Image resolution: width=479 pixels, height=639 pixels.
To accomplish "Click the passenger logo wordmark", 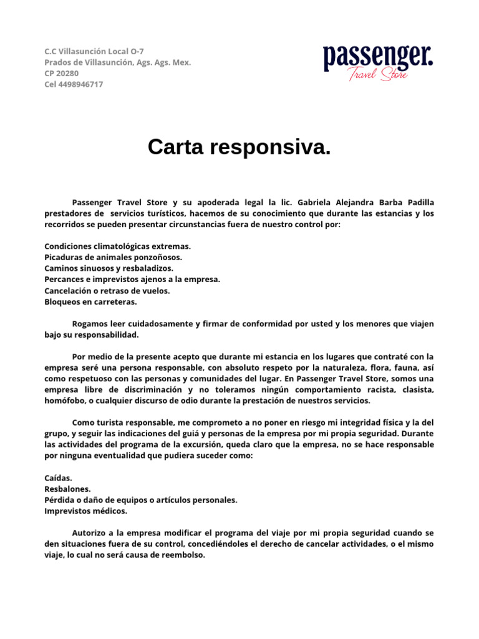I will (x=378, y=57).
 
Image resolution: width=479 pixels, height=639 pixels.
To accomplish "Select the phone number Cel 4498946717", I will (x=74, y=85).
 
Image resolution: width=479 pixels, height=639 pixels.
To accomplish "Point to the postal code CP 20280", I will (x=62, y=74).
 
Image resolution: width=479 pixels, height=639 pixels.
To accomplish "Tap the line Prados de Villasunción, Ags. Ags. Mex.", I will (x=118, y=62).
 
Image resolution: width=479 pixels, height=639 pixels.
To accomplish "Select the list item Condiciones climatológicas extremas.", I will (x=117, y=246).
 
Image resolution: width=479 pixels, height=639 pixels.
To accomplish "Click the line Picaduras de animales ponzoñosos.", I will (x=114, y=257).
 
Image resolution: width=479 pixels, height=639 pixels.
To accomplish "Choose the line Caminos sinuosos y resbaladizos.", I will (x=109, y=268).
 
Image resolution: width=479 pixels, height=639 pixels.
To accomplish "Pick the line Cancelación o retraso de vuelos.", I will (x=107, y=291).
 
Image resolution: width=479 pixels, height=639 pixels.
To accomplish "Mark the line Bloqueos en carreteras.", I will (x=90, y=302).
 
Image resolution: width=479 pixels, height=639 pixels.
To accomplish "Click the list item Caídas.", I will (x=58, y=477).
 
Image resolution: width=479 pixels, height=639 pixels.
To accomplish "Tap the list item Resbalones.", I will (x=67, y=489).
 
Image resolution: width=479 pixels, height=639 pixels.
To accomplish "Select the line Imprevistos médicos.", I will (x=85, y=511).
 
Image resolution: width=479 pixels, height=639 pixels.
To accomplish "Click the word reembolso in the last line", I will (x=181, y=555).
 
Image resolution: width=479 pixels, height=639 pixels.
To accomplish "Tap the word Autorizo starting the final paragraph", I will (x=90, y=533).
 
